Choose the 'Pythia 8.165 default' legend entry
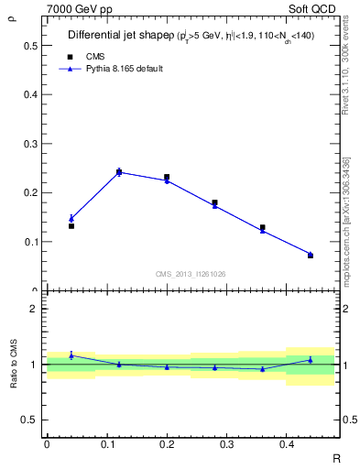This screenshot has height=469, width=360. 125,69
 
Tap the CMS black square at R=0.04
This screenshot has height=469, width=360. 71,225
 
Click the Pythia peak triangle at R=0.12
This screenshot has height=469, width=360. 119,171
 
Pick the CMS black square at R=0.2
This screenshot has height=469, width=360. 167,177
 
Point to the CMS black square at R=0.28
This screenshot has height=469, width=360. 214,202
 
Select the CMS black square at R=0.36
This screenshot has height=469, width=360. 262,227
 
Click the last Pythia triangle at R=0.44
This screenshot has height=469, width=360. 310,254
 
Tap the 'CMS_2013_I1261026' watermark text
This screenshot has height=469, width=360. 191,273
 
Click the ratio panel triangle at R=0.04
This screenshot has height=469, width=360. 71,355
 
